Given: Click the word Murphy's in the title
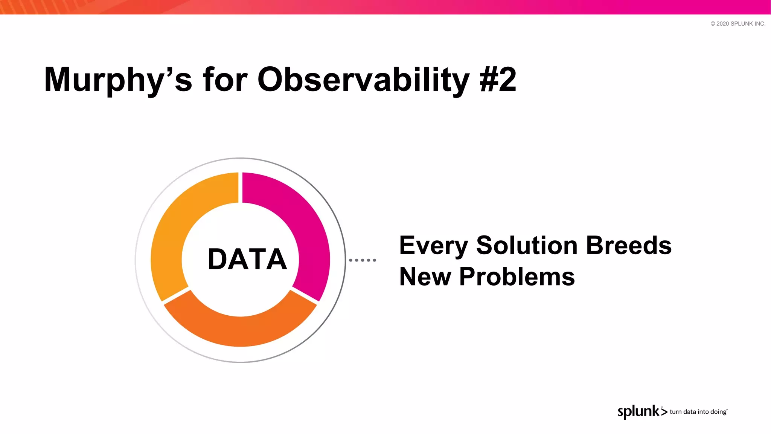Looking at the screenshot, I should tap(117, 80).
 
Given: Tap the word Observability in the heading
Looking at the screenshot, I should tap(363, 80).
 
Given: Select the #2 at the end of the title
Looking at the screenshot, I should tap(498, 80).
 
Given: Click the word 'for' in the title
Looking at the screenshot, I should tap(225, 80).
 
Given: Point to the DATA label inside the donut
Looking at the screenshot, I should tap(247, 260).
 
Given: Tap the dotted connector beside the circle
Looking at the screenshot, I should tap(362, 260).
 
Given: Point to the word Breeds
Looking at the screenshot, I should tap(628, 245).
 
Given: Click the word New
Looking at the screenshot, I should tap(425, 277).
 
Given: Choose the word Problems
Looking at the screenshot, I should tap(517, 277).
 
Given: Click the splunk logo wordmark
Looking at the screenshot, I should tap(638, 411).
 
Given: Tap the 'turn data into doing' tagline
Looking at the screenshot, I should tap(698, 412).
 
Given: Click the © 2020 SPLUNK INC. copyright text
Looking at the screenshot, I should tap(737, 23).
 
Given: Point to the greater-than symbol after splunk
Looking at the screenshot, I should tap(664, 412).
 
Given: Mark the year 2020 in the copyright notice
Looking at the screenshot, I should tap(722, 23).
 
